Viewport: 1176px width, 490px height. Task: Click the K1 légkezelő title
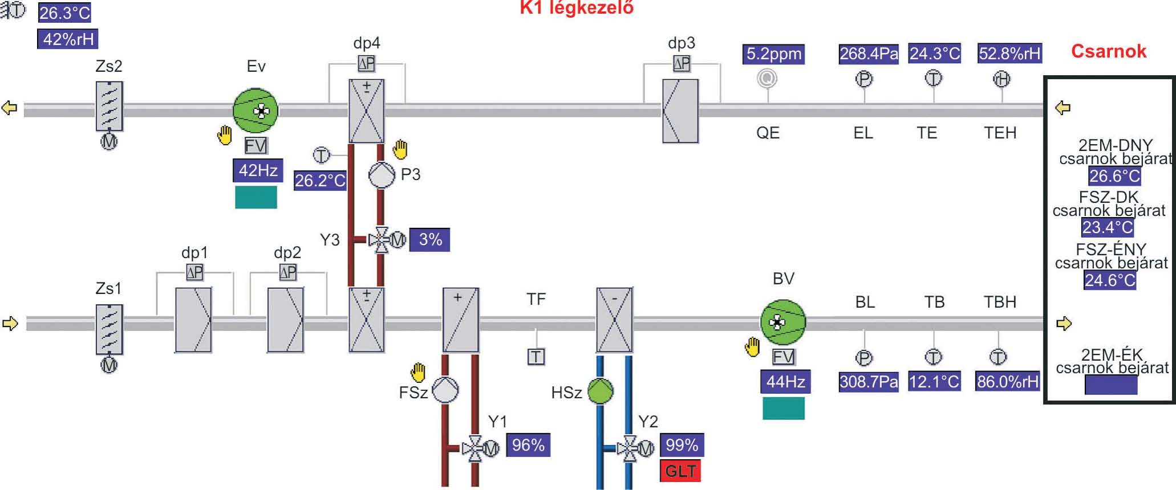pos(576,8)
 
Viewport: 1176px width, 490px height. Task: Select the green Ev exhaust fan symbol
pos(256,111)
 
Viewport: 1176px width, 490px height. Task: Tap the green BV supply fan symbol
pos(782,322)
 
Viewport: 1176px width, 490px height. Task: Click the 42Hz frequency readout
pos(258,170)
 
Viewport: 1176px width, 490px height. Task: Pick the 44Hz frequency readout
pos(785,381)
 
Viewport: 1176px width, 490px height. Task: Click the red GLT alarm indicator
pos(680,471)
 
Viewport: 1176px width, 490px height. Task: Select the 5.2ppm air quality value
pos(773,54)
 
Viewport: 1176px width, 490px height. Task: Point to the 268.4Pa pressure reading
pos(868,54)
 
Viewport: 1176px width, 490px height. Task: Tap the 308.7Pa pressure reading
pos(868,381)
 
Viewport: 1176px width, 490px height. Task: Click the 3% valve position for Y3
pos(430,239)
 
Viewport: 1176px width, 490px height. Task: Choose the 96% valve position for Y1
pos(528,445)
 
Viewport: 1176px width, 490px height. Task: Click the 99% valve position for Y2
pos(682,445)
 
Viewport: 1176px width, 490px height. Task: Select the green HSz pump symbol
pos(600,391)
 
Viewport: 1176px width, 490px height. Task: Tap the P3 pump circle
pos(382,174)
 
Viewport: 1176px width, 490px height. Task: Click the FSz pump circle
pos(445,390)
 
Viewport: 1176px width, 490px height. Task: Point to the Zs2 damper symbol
pos(109,107)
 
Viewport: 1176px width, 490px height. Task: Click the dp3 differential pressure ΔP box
pos(682,63)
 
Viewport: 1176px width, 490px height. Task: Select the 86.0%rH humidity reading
pos(1007,381)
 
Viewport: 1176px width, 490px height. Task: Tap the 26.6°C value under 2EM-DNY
pos(1114,176)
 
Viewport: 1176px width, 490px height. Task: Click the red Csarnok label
pos(1108,51)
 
